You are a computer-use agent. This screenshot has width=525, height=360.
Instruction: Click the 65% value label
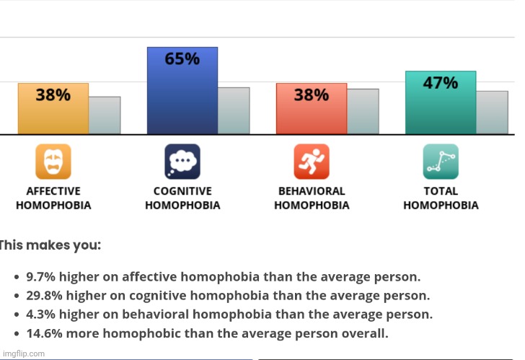tap(182, 59)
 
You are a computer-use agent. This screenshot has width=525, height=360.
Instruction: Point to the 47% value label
tap(440, 83)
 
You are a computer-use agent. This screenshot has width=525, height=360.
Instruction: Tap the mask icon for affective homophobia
tap(53, 162)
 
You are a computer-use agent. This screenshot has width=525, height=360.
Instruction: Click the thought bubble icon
tap(182, 162)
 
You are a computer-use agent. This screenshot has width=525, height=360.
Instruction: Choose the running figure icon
tap(311, 162)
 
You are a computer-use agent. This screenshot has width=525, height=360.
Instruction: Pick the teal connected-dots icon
tap(440, 162)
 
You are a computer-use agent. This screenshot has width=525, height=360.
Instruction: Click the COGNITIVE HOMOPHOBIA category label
tap(182, 198)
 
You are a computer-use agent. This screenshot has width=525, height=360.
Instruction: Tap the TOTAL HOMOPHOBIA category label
tap(441, 198)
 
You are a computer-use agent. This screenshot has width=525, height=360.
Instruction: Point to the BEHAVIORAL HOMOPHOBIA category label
tap(312, 198)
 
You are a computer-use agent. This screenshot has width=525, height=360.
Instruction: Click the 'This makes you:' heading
tap(50, 245)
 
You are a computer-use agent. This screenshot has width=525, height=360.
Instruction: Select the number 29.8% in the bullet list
tap(45, 295)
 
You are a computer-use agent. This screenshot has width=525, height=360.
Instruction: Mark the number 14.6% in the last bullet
tap(45, 333)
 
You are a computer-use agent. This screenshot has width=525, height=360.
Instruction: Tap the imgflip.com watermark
tap(23, 354)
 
